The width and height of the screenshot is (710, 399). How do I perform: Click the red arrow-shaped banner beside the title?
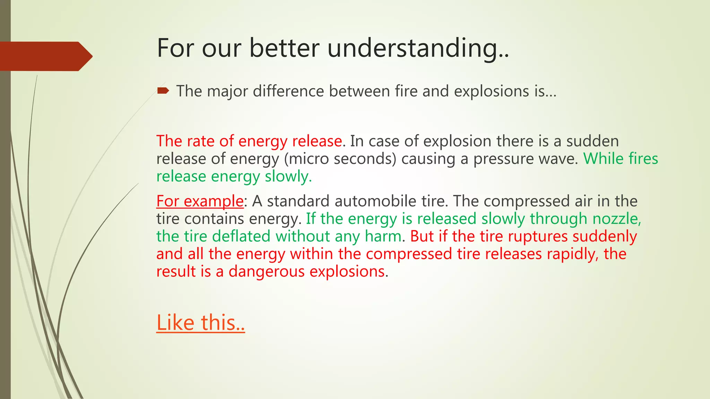[x=45, y=56]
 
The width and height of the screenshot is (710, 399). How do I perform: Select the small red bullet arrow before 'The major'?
[x=163, y=91]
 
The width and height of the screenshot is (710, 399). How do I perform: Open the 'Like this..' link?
[x=200, y=322]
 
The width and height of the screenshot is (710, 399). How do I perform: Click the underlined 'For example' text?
[x=200, y=201]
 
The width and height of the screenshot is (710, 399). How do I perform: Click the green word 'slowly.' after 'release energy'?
[x=288, y=177]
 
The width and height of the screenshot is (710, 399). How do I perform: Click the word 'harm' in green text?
[x=383, y=237]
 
